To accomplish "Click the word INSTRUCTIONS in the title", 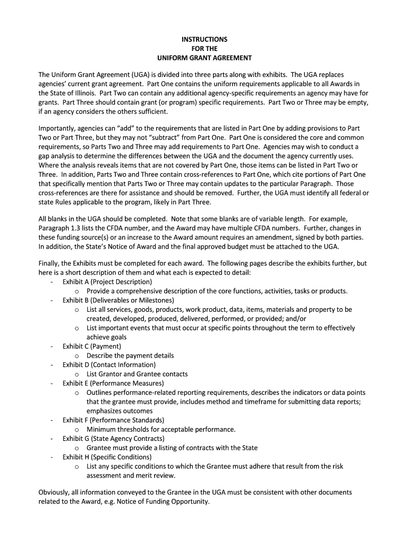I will pyautogui.click(x=204, y=39).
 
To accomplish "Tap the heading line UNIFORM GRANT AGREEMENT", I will pyautogui.click(x=204, y=57).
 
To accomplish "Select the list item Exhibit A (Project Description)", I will pyautogui.click(x=107, y=282).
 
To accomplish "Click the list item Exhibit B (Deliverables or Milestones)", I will pyautogui.click(x=118, y=300).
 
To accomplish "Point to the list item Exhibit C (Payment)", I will pyautogui.click(x=92, y=346).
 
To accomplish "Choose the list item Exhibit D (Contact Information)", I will pyautogui.click(x=109, y=365).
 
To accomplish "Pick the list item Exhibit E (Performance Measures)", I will pyautogui.click(x=113, y=383).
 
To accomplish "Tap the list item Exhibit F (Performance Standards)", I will pyautogui.click(x=113, y=420).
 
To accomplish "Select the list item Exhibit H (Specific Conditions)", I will pyautogui.click(x=107, y=457).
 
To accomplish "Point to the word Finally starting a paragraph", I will pyautogui.click(x=50, y=263).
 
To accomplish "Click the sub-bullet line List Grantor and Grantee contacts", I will pyautogui.click(x=137, y=374).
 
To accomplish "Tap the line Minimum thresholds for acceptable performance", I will pyautogui.click(x=161, y=429).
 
